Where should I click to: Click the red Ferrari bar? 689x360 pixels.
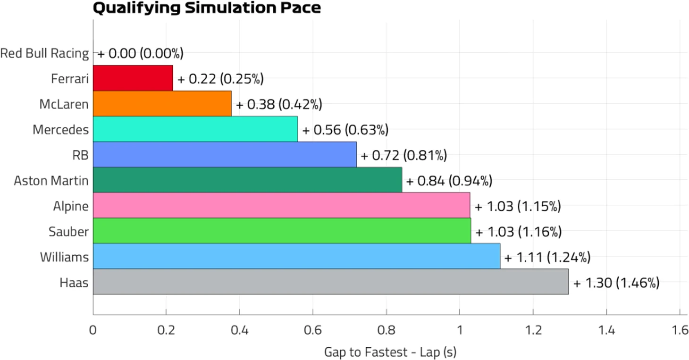point(133,78)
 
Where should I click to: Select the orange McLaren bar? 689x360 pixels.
point(162,103)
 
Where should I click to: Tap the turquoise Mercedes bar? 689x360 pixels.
point(195,129)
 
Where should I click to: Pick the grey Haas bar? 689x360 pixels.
point(330,282)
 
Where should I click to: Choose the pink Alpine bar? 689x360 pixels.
point(281,205)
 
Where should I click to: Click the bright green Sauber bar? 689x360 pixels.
point(282,231)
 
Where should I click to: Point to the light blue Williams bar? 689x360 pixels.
point(296,256)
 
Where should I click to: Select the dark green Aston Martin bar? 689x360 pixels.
point(247,180)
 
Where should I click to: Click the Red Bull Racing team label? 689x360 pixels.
point(44,53)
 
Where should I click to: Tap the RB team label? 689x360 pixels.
point(81,155)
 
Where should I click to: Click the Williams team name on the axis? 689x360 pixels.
point(64,257)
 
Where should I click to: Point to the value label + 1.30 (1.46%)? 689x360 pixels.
point(616,283)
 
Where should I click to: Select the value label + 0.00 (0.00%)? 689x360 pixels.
point(140,53)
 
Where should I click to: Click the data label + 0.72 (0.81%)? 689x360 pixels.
point(403,155)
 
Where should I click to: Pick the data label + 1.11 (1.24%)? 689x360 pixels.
point(547,257)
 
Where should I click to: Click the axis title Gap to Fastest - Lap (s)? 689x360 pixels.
point(390,352)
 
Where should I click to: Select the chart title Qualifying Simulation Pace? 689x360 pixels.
point(207,8)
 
